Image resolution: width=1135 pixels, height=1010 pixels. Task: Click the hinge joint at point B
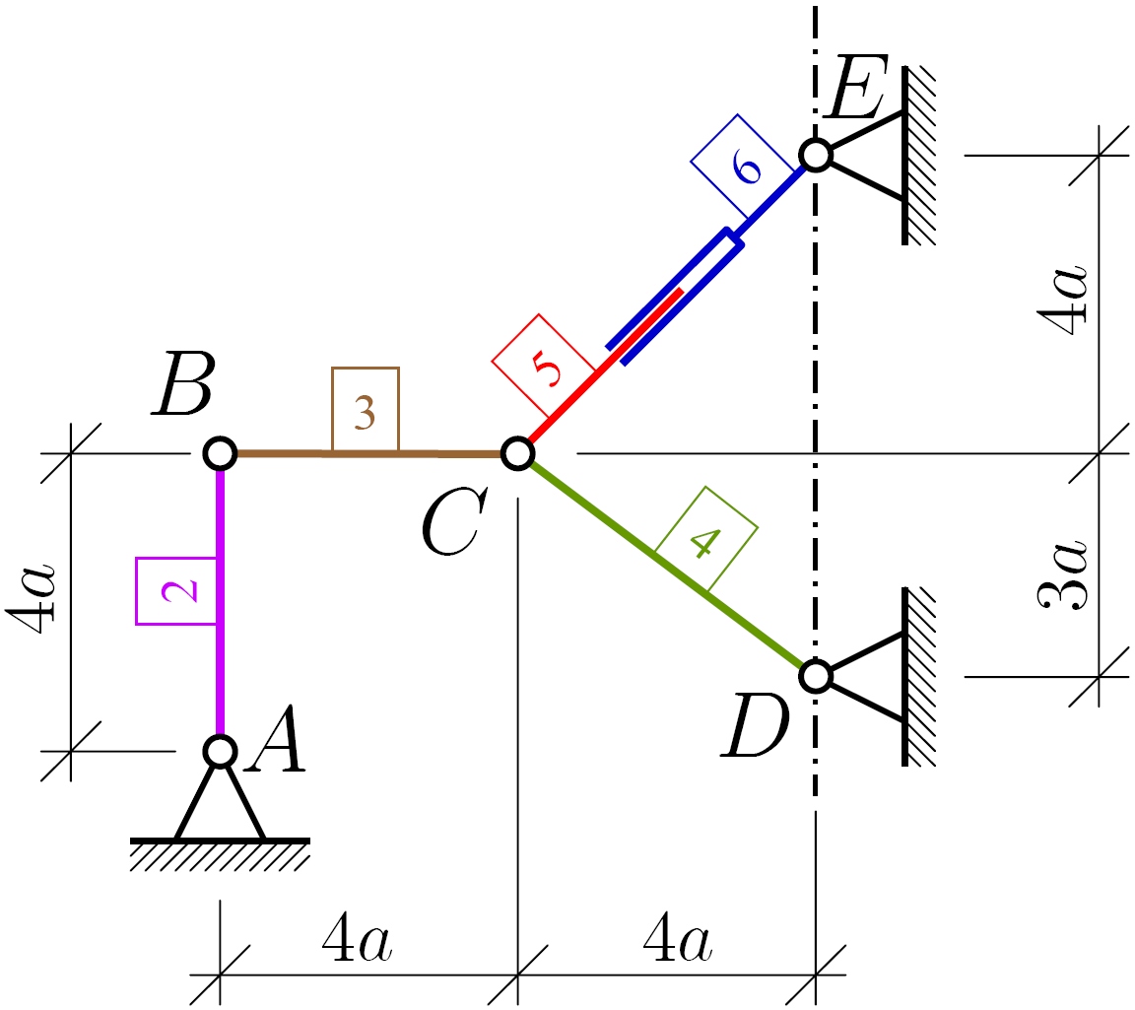pyautogui.click(x=220, y=453)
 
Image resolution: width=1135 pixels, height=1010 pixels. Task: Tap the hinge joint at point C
pyautogui.click(x=517, y=453)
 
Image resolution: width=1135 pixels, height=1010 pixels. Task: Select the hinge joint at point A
pyautogui.click(x=220, y=751)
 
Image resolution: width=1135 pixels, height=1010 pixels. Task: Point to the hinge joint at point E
pyautogui.click(x=815, y=155)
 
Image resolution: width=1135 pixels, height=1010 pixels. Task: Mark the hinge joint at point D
pyautogui.click(x=815, y=676)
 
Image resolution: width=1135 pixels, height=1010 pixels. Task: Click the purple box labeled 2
pyautogui.click(x=175, y=591)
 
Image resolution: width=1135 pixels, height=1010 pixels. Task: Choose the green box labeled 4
pyautogui.click(x=706, y=538)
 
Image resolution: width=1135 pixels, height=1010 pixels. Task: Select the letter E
pyautogui.click(x=858, y=91)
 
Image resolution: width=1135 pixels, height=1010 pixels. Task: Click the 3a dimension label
pyautogui.click(x=1064, y=573)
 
